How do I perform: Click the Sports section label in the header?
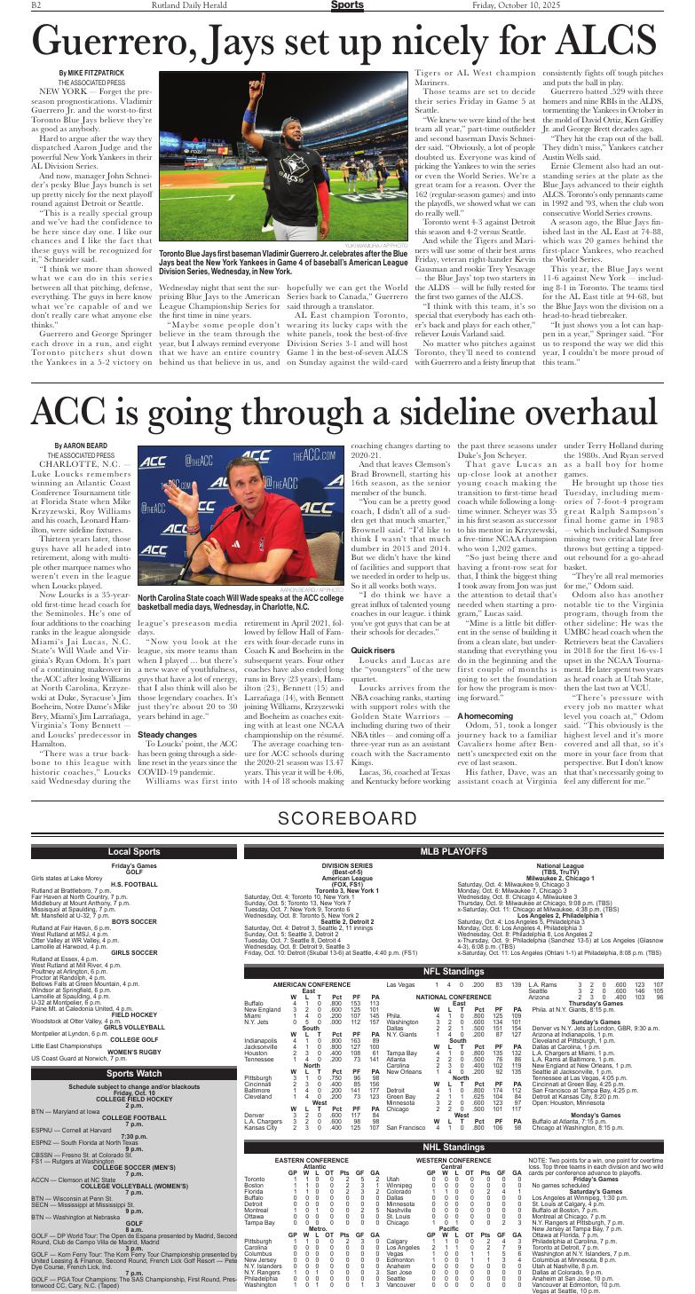pos(347,6)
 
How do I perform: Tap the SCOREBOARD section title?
pos(347,817)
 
